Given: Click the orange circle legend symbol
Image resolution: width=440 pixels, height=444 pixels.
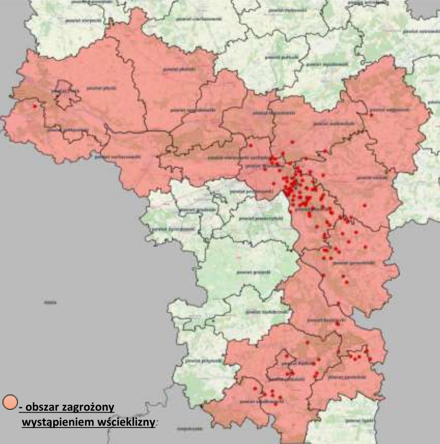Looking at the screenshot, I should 10,402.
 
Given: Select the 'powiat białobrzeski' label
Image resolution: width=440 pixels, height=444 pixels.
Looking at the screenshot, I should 272,312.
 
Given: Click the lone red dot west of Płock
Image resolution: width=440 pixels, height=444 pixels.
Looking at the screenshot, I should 35,106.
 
